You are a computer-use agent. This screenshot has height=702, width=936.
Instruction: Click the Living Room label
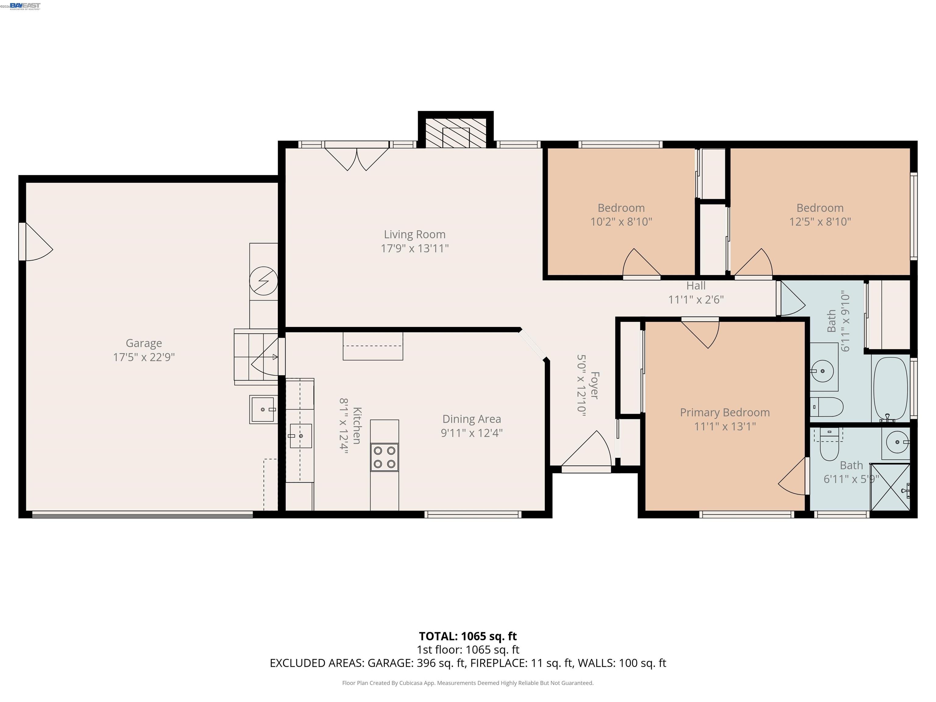point(414,234)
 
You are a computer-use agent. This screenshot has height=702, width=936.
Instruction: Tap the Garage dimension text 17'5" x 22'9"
point(144,357)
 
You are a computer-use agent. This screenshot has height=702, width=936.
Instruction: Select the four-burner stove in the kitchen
point(384,457)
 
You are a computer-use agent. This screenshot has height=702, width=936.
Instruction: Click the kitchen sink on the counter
point(300,436)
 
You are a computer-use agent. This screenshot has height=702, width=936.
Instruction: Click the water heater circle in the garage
point(263,281)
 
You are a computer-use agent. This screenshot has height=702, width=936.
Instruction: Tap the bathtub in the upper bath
point(890,388)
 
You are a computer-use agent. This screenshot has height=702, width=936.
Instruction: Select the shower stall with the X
point(890,487)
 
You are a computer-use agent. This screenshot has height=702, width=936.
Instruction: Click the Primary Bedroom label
point(725,413)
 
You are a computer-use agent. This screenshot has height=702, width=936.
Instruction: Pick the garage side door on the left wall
point(36,242)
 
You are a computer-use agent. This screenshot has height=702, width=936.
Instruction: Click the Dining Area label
point(471,419)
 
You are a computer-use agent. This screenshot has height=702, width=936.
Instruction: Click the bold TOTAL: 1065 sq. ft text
point(468,636)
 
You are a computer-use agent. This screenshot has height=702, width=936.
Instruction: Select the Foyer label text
point(594,385)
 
